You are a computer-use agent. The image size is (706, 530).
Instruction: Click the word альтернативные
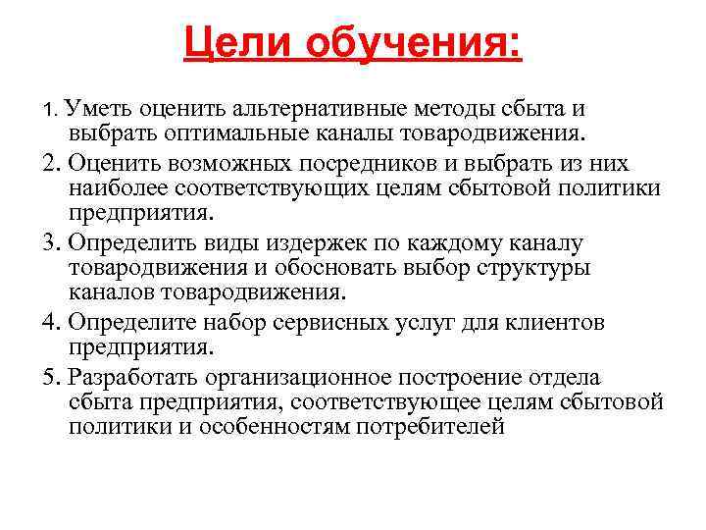pyautogui.click(x=301, y=106)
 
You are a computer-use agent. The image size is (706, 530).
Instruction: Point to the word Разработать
pyautogui.click(x=127, y=377)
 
